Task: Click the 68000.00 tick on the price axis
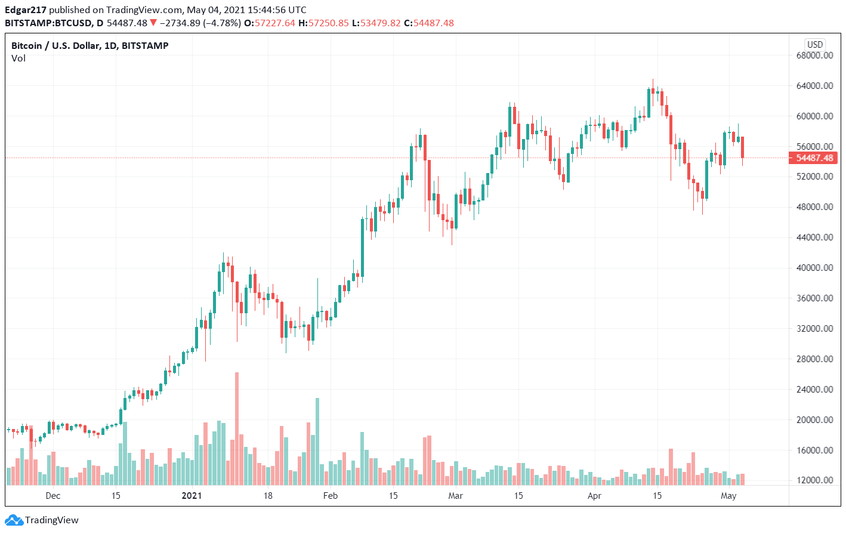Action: coord(814,55)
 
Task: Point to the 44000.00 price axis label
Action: coord(814,237)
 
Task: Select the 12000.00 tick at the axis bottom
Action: coord(814,480)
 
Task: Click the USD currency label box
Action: coord(814,44)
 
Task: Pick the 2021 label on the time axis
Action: coord(192,496)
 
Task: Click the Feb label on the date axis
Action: coord(330,496)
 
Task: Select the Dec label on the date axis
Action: coord(53,496)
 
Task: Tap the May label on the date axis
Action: coord(728,496)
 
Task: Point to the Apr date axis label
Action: coord(594,496)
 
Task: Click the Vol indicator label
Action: coord(18,58)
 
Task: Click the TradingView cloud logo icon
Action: coord(14,520)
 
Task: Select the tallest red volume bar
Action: coord(237,428)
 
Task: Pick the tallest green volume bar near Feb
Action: coord(317,442)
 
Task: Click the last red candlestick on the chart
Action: coord(742,147)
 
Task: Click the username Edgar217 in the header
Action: coord(26,10)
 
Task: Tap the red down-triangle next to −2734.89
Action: coord(154,23)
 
